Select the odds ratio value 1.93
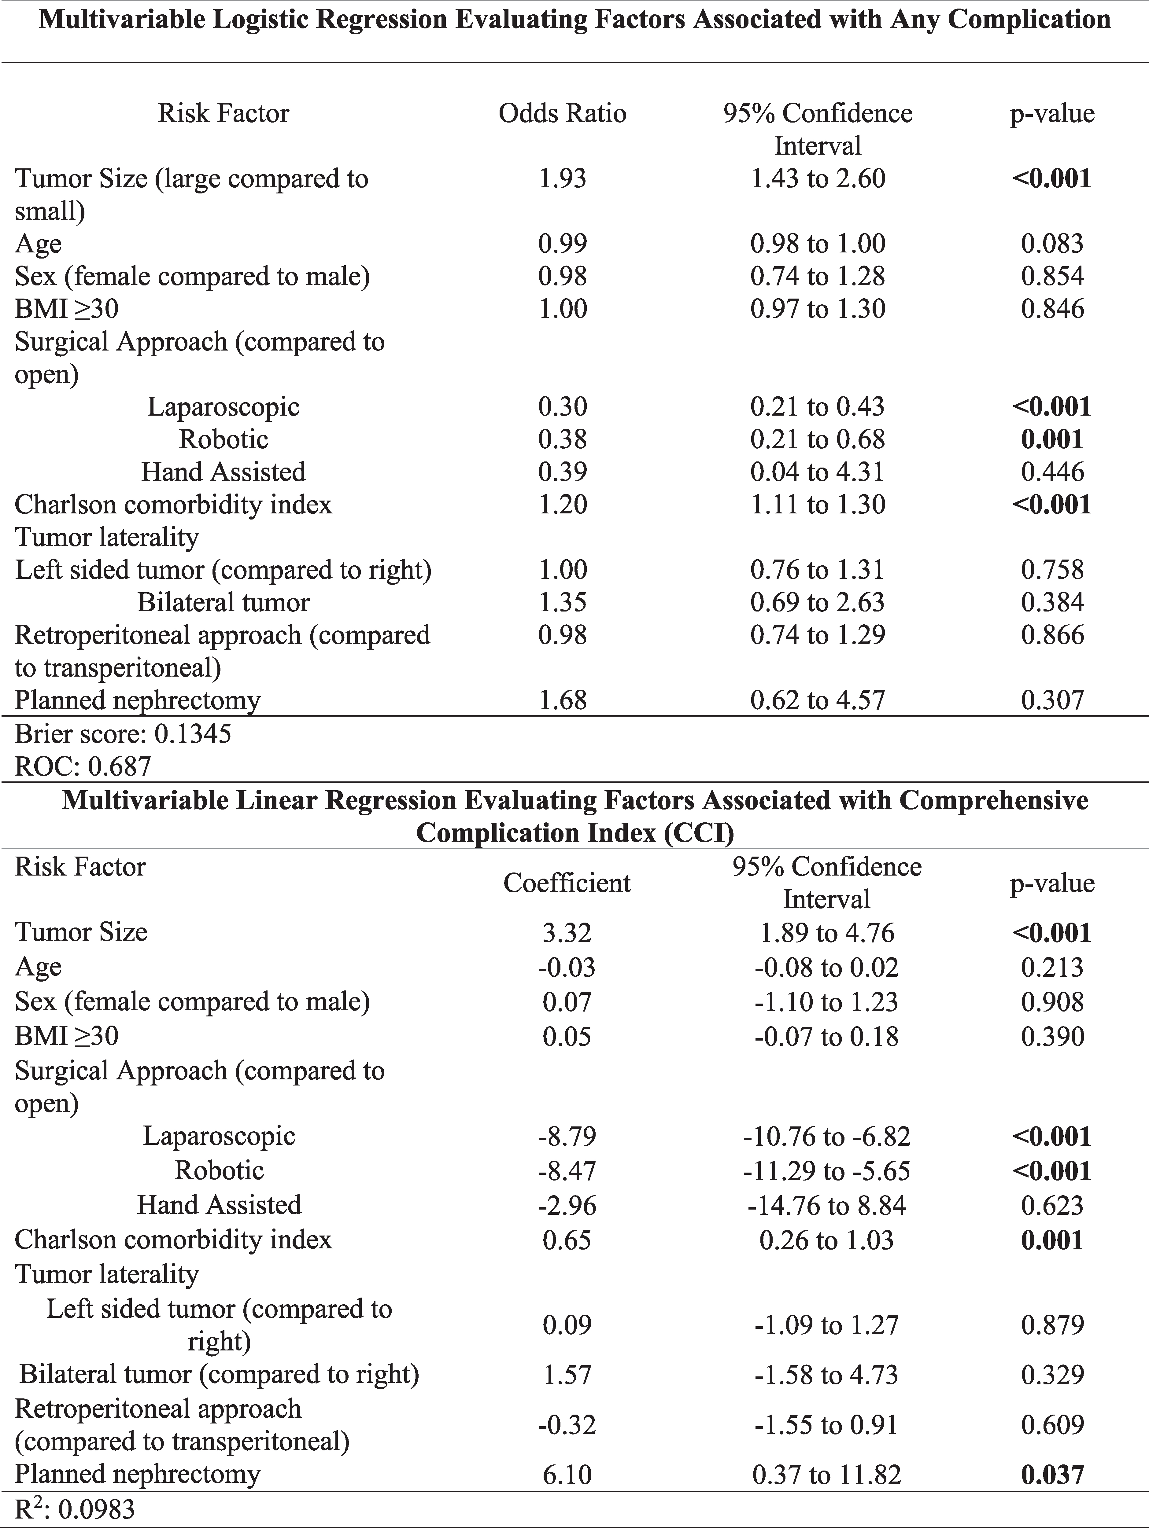tap(562, 178)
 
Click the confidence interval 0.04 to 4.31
tap(817, 472)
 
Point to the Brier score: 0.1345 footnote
tap(123, 733)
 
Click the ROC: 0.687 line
tap(83, 766)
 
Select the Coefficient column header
tap(567, 883)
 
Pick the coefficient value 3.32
tap(567, 933)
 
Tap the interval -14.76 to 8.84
tap(826, 1205)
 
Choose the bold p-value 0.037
tap(1052, 1475)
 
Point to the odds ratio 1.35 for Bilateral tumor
tap(562, 602)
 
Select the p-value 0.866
tap(1052, 635)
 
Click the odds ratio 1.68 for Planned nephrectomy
tap(562, 700)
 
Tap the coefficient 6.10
tap(567, 1475)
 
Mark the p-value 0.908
tap(1052, 1002)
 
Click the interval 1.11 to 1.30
tap(817, 504)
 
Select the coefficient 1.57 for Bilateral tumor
tap(567, 1375)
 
